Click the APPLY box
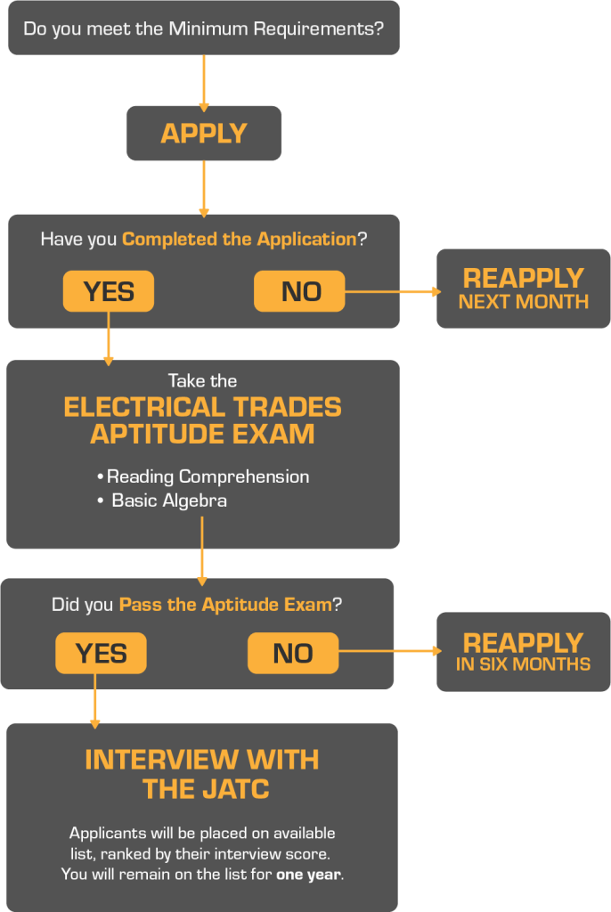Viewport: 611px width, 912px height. (x=203, y=134)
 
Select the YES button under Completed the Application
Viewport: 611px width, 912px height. (x=108, y=291)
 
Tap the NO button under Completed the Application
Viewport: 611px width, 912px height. (x=299, y=291)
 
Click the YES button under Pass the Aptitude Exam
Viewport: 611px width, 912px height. (x=101, y=653)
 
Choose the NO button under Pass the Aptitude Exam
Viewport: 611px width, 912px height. (x=293, y=653)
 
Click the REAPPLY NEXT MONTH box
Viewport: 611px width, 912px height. (x=523, y=289)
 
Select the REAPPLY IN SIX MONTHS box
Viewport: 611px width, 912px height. (x=523, y=652)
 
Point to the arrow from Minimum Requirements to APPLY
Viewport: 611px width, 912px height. (x=204, y=82)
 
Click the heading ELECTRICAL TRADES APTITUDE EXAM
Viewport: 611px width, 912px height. (x=202, y=420)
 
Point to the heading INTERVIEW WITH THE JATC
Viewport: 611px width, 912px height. (x=202, y=774)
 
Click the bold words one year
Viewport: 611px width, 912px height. (x=308, y=875)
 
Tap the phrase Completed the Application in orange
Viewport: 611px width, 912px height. (x=239, y=239)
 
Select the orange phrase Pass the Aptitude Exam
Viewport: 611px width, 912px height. (x=225, y=605)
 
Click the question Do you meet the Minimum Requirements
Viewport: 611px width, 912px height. (x=203, y=28)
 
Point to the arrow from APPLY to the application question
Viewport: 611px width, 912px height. (x=204, y=189)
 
